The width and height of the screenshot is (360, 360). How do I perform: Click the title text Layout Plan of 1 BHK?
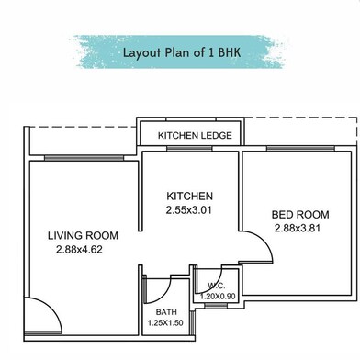coord(182,52)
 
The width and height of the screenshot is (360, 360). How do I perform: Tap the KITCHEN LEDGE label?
coord(195,135)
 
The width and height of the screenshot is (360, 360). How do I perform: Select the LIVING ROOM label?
coord(83,235)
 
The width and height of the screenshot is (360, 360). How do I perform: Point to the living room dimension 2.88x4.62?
coord(79,250)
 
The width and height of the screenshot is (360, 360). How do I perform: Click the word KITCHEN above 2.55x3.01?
coord(189,196)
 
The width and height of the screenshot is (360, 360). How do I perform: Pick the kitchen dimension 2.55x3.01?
coord(188,210)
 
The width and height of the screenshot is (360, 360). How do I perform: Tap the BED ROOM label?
coord(300,215)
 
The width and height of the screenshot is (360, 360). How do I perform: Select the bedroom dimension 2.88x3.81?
coord(298,229)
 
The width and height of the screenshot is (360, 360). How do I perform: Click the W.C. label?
coord(217,286)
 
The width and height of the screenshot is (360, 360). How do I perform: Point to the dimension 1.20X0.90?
coord(218,297)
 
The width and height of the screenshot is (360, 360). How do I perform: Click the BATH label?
coord(166,312)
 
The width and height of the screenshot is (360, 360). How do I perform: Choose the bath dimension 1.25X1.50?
coord(165,322)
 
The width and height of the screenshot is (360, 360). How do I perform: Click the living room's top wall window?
coord(84,158)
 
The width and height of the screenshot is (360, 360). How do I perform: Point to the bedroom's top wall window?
coord(300,149)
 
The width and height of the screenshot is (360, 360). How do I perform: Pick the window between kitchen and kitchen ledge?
coord(189,149)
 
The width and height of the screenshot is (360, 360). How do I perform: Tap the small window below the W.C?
coord(216,306)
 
